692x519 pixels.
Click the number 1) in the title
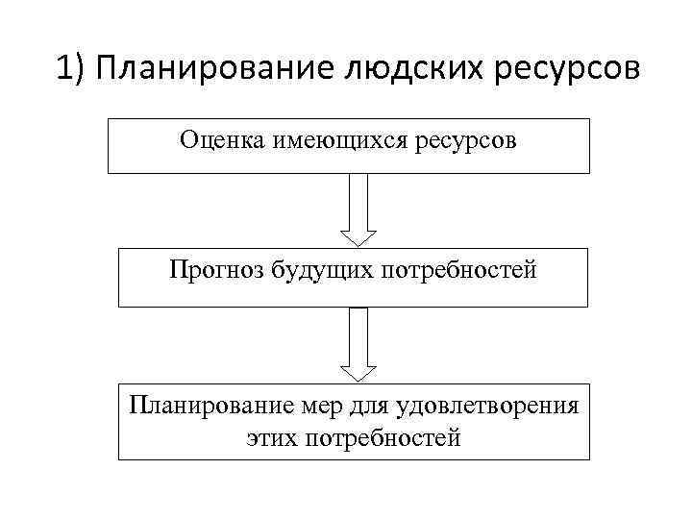71,70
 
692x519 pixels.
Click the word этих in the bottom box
273,438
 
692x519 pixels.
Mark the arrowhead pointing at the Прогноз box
358,237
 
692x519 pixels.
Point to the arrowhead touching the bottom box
358,372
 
